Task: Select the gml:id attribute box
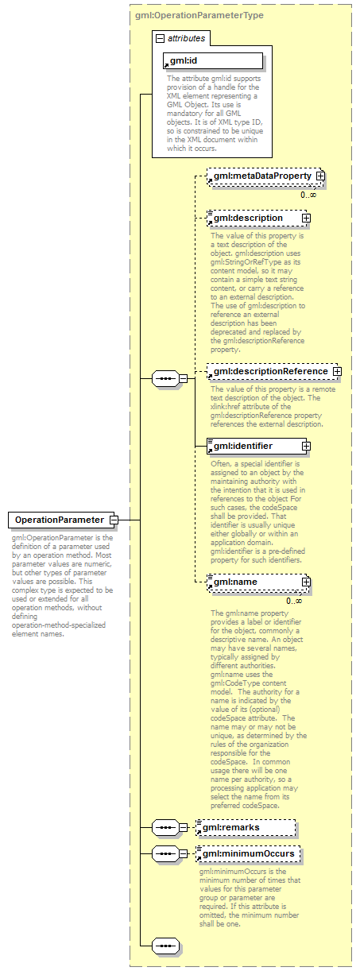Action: click(212, 60)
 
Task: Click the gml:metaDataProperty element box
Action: click(261, 176)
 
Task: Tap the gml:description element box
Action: click(252, 218)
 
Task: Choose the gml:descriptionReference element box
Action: click(269, 371)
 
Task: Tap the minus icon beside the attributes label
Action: click(160, 38)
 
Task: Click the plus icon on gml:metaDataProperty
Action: click(320, 176)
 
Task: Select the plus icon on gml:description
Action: click(305, 218)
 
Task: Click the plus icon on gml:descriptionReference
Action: click(337, 371)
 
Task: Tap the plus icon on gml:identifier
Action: click(305, 446)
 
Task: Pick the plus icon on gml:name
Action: click(305, 582)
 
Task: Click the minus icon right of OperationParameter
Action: click(114, 520)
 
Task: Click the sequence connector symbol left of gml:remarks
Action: click(165, 806)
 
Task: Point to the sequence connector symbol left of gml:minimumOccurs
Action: click(165, 854)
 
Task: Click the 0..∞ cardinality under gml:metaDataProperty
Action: click(308, 195)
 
